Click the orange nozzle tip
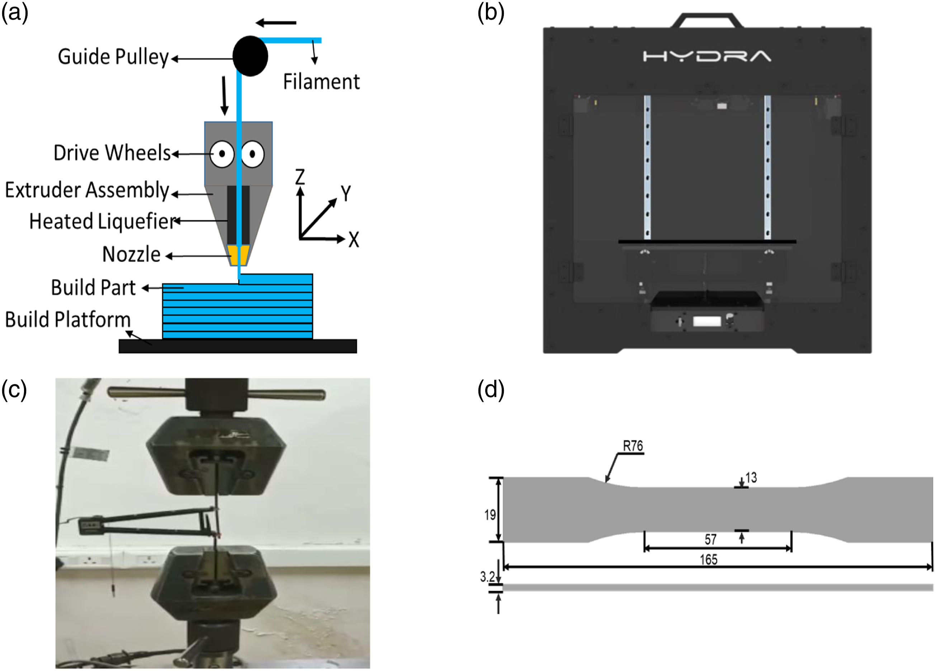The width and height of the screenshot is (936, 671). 238,255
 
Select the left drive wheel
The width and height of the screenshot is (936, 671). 222,154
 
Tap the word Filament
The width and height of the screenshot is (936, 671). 321,81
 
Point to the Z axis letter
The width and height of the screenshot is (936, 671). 300,177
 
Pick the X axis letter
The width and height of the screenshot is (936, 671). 354,239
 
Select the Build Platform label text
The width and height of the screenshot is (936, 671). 68,320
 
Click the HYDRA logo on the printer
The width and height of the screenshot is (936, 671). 707,56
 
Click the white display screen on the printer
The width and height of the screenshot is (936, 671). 707,321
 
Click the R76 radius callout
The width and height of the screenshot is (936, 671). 633,446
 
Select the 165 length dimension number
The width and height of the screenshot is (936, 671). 709,560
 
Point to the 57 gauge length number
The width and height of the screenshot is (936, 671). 711,539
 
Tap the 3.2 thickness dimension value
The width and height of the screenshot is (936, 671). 487,576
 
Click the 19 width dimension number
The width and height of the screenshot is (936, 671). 490,515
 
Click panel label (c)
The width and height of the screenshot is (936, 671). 14,390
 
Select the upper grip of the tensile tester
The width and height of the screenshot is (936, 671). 216,455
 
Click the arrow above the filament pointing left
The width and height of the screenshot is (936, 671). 276,23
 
